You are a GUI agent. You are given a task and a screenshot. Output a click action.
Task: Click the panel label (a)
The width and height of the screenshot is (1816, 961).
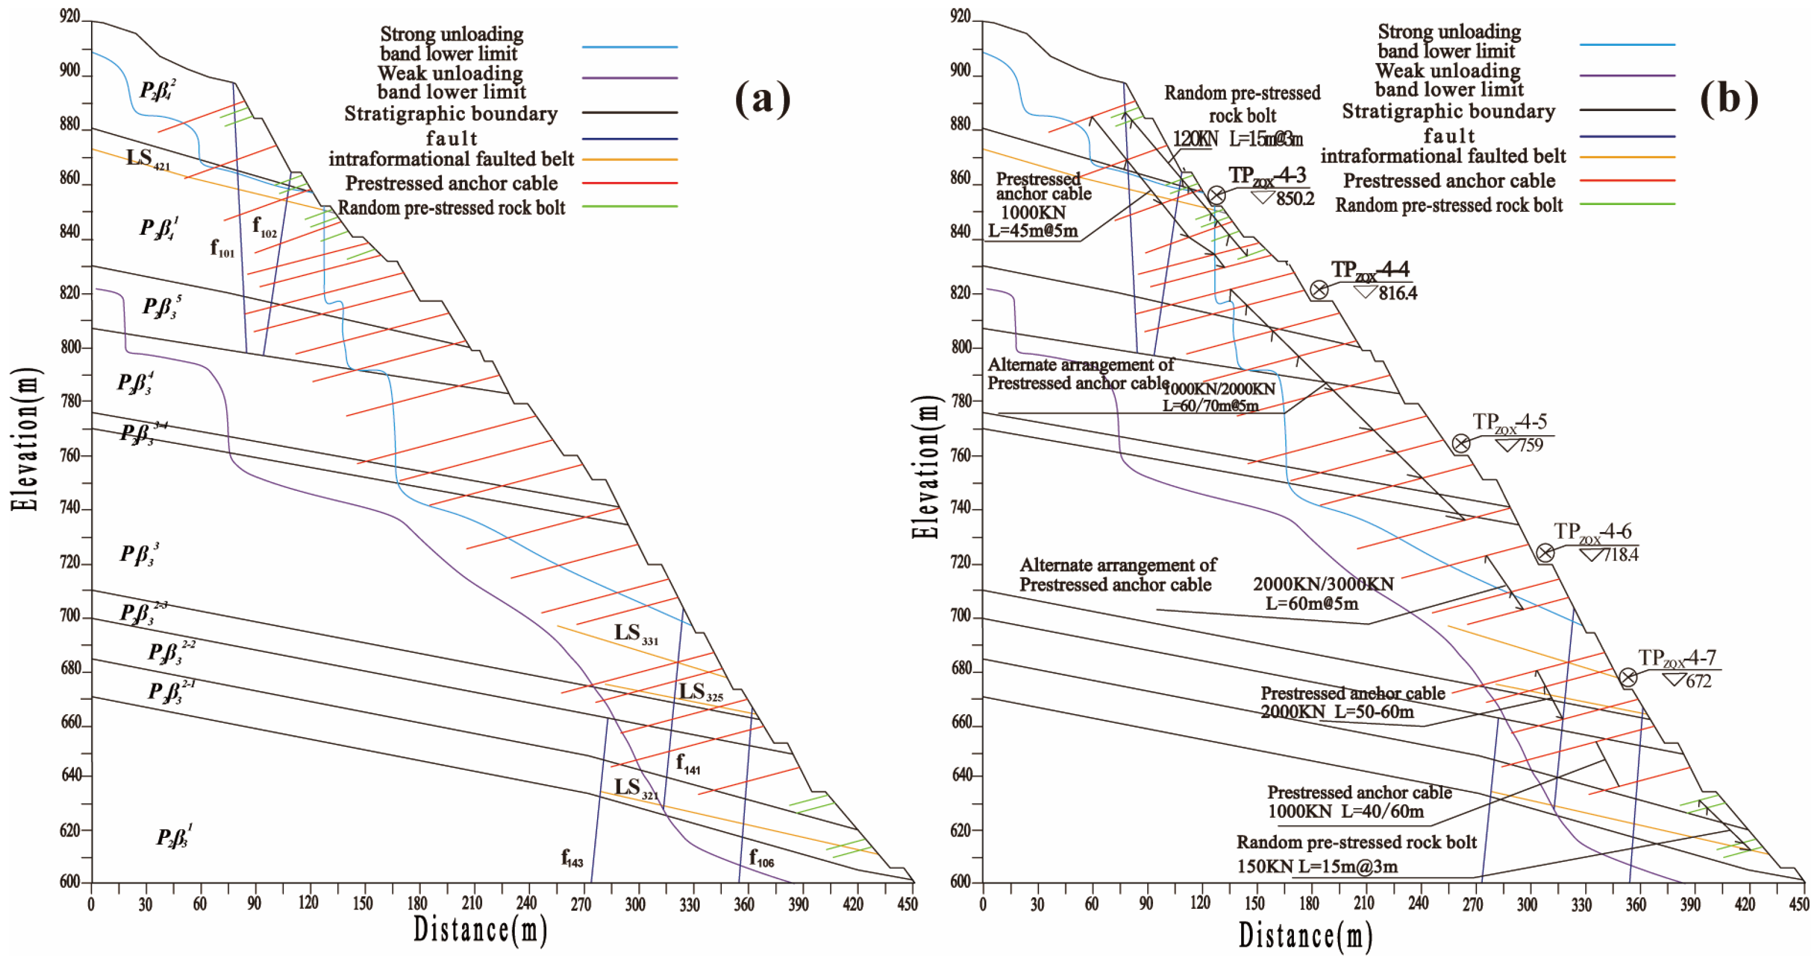(x=763, y=98)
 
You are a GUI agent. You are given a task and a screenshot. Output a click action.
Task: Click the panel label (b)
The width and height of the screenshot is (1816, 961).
(x=1728, y=97)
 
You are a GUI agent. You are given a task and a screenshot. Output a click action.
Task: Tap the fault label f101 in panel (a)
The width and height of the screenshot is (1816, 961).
(x=222, y=247)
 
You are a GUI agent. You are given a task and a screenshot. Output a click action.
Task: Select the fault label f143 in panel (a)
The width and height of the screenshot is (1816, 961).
(x=572, y=857)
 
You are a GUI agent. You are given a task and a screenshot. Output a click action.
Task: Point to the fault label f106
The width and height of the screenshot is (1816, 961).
(x=761, y=857)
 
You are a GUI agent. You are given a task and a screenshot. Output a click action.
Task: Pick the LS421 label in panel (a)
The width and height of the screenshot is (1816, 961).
(x=147, y=159)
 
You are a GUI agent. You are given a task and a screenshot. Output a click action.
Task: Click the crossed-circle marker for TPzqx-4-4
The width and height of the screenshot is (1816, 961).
(x=1319, y=289)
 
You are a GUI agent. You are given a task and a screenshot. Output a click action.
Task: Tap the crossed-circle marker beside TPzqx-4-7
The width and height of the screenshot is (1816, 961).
(x=1628, y=678)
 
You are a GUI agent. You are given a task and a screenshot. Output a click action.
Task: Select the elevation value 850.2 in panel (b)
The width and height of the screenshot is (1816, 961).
(x=1295, y=199)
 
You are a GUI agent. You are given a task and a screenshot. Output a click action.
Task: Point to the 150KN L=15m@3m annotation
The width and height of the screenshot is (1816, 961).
(x=1317, y=866)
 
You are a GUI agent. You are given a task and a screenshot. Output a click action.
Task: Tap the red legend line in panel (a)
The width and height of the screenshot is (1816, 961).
(x=630, y=183)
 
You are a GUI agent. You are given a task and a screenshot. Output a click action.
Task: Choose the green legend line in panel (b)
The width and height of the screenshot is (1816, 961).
(x=1627, y=204)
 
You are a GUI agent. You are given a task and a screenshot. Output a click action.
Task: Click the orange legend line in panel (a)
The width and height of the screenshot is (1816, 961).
(x=630, y=159)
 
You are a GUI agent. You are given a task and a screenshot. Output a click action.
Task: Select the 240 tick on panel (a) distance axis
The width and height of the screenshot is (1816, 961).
(x=526, y=903)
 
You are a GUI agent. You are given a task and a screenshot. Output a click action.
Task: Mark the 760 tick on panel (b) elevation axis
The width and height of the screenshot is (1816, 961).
(x=961, y=455)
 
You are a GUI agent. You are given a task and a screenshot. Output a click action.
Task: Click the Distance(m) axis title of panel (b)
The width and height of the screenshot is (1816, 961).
(x=1305, y=936)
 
